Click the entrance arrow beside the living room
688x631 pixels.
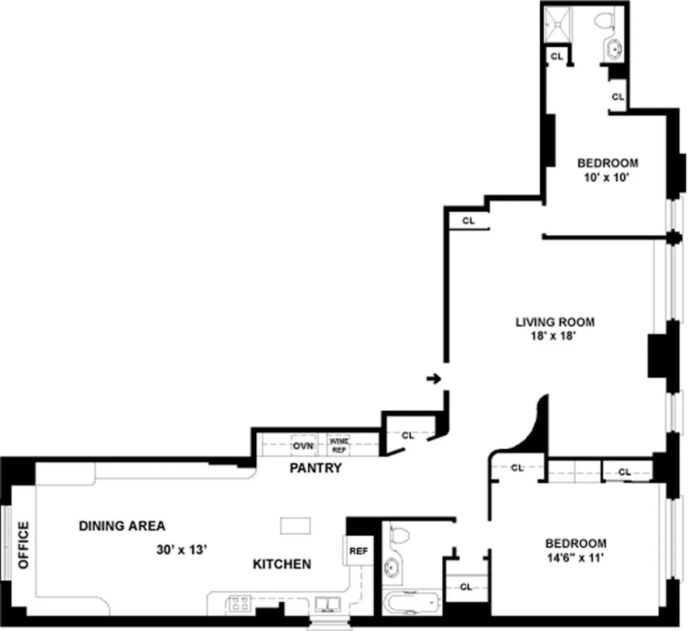(x=433, y=379)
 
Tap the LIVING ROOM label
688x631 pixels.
(x=555, y=322)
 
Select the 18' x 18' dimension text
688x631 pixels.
(x=554, y=336)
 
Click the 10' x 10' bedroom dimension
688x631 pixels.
(x=607, y=177)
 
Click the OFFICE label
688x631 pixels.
(x=23, y=545)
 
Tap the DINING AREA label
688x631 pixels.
(x=122, y=526)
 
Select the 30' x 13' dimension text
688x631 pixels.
(x=182, y=550)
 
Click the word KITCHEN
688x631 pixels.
(x=282, y=564)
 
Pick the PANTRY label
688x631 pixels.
(x=315, y=468)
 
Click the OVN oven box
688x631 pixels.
(x=304, y=446)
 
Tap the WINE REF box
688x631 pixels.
(x=339, y=446)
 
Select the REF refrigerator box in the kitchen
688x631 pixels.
(x=358, y=551)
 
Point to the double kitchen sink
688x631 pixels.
(x=327, y=604)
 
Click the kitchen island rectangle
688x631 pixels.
(x=296, y=525)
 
